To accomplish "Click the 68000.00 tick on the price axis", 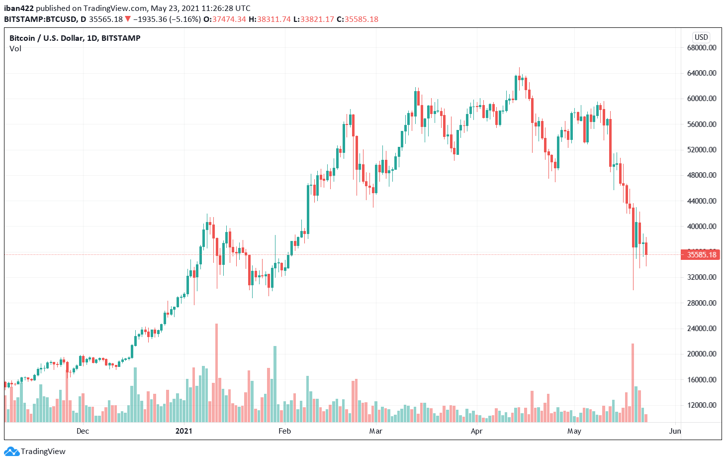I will pyautogui.click(x=702, y=48).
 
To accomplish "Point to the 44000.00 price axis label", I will pyautogui.click(x=702, y=201).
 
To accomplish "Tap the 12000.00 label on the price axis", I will pyautogui.click(x=702, y=405).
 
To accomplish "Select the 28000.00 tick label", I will pyautogui.click(x=702, y=303).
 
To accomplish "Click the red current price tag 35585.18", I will pyautogui.click(x=701, y=255).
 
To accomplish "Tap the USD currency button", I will pyautogui.click(x=701, y=37).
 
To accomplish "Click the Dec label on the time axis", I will pyautogui.click(x=83, y=431).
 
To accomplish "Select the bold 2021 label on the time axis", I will pyautogui.click(x=184, y=431).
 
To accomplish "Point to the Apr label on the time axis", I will pyautogui.click(x=476, y=431).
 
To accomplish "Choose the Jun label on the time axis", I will pyautogui.click(x=675, y=431).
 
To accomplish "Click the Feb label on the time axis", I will pyautogui.click(x=284, y=431).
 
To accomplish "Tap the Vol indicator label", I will pyautogui.click(x=15, y=49).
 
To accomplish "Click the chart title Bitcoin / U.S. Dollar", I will pyautogui.click(x=75, y=38).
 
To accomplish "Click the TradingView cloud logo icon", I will pyautogui.click(x=11, y=452).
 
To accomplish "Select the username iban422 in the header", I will pyautogui.click(x=19, y=8).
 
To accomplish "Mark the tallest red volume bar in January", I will pyautogui.click(x=216, y=373).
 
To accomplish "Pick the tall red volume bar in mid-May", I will pyautogui.click(x=633, y=383).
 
